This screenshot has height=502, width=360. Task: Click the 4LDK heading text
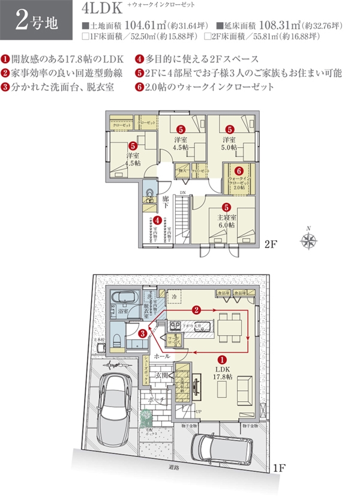click(105, 10)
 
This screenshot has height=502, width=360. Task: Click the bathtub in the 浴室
click(125, 298)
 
